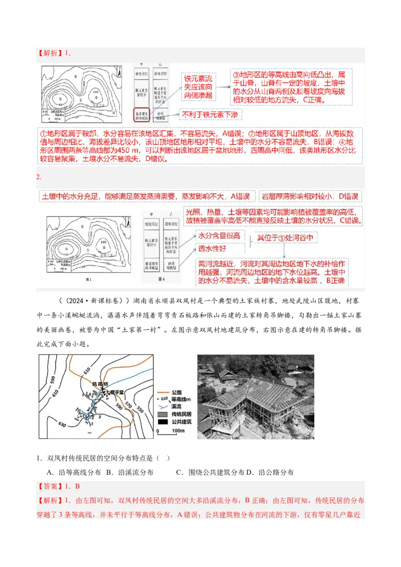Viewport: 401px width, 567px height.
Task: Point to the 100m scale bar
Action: (165, 430)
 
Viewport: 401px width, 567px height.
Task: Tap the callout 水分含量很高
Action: (219, 235)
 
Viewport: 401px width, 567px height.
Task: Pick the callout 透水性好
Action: (213, 247)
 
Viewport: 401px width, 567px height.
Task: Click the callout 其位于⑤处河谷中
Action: (286, 238)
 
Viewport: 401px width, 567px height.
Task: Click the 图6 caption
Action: (161, 279)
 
